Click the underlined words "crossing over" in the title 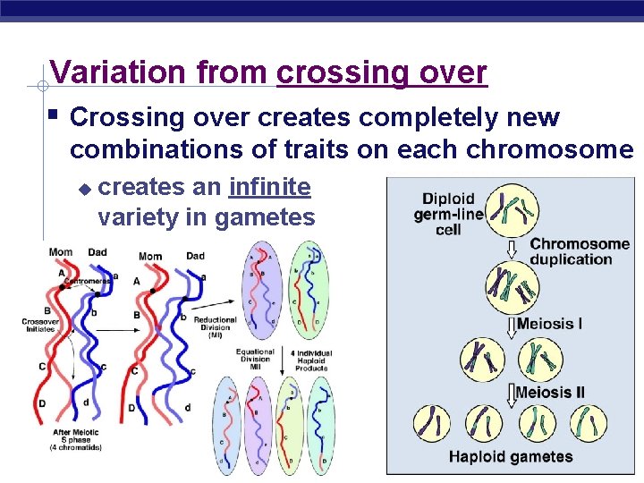(382, 72)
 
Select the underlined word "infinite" (270, 188)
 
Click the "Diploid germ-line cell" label (449, 215)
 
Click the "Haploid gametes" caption (511, 457)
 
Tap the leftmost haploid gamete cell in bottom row (433, 423)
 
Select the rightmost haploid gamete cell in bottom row (587, 423)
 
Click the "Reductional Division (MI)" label (215, 326)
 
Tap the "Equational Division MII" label (255, 357)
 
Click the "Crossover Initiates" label (39, 324)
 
